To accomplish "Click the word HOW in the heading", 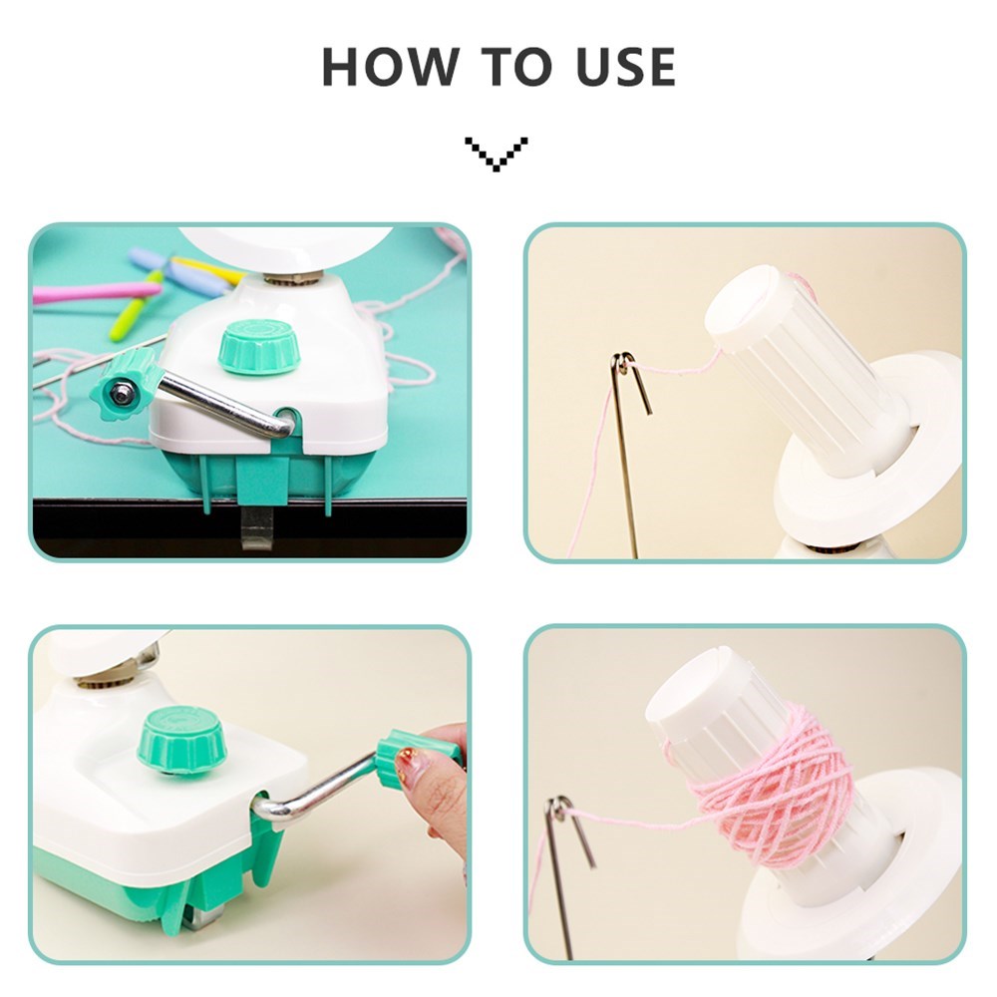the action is [x=391, y=66].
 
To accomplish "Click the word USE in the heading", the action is [x=626, y=66].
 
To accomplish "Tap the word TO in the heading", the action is [x=515, y=66].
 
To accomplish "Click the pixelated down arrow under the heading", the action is [x=496, y=154].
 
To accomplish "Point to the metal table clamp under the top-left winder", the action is [x=257, y=526].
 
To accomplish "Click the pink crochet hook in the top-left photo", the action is [x=97, y=292].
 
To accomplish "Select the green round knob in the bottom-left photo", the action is [x=181, y=742].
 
